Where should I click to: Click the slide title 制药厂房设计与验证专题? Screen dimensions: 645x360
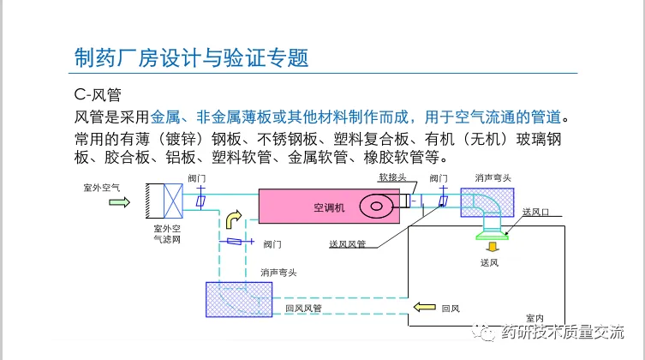[x=191, y=57]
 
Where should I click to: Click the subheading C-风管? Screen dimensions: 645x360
[x=98, y=94]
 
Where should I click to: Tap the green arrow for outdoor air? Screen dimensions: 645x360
[x=119, y=202]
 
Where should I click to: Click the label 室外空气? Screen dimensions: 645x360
[x=102, y=188]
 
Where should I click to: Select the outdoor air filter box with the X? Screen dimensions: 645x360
[x=173, y=201]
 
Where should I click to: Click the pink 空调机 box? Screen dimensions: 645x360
[x=329, y=206]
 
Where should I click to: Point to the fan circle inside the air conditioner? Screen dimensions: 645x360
[x=376, y=206]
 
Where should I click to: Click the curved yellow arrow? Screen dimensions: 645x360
[x=233, y=219]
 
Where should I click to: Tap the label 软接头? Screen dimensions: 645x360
[x=392, y=177]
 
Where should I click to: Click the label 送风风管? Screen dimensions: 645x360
[x=348, y=244]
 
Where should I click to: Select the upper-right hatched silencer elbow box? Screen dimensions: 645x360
[x=487, y=202]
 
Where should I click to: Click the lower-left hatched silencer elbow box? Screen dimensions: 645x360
[x=239, y=299]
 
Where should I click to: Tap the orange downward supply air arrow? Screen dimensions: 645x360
[x=492, y=247]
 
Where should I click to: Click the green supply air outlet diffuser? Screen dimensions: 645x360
[x=492, y=237]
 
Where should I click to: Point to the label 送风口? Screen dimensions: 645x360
[x=535, y=212]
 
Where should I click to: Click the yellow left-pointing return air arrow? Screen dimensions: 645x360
[x=425, y=307]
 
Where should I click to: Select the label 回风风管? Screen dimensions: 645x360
[x=303, y=309]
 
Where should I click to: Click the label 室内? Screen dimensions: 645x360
[x=535, y=318]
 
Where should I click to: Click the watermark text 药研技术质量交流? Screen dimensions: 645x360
[x=562, y=332]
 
